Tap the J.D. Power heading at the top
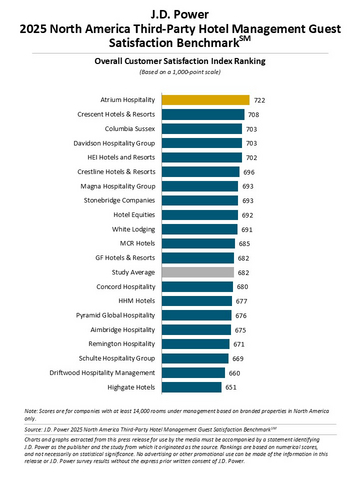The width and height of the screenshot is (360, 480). (180, 12)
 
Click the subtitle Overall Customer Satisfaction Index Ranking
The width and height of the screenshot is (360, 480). (180, 61)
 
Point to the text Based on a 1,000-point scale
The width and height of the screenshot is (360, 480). (180, 73)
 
